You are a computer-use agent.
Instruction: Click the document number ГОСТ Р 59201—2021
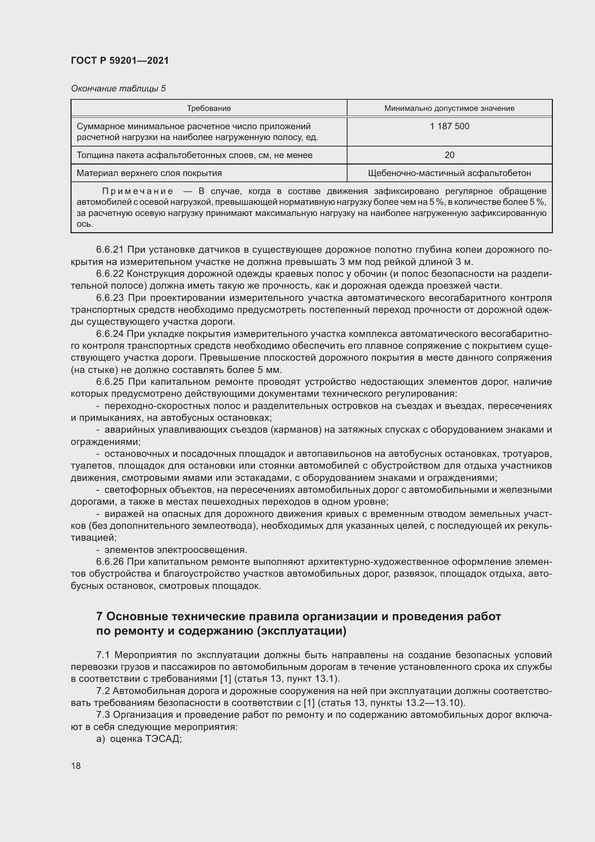tap(120, 60)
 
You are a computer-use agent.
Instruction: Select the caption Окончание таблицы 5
tap(118, 89)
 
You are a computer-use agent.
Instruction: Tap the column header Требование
tap(209, 108)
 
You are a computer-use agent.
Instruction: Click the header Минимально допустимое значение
tap(449, 108)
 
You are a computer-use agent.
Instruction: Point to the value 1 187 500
tap(449, 126)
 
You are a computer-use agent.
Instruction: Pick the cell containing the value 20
tap(449, 155)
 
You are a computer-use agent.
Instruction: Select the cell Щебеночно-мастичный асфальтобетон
tap(449, 173)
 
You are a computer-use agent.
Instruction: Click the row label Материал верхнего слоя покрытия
tap(149, 173)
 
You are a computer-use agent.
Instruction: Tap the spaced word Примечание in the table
tap(137, 191)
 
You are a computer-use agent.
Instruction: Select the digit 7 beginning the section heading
tap(99, 616)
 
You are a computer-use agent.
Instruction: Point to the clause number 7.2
tap(103, 691)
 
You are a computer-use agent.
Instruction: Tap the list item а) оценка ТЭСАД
tap(139, 739)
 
